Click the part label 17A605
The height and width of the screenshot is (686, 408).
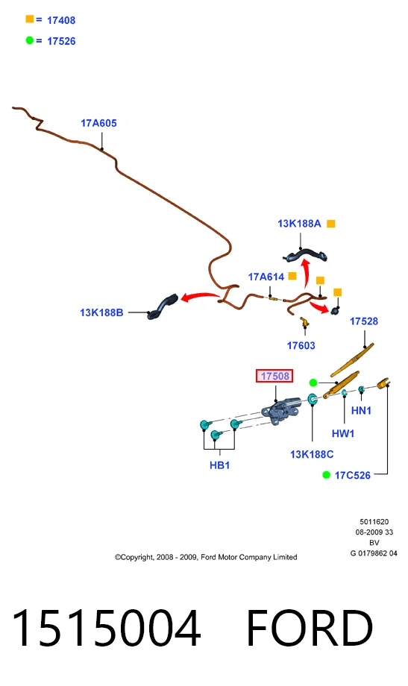98,123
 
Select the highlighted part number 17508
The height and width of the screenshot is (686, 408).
274,376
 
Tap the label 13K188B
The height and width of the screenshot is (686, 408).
101,313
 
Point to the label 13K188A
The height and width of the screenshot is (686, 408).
299,224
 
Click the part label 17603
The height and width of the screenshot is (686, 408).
301,346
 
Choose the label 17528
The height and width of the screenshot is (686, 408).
364,321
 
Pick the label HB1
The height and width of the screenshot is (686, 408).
220,465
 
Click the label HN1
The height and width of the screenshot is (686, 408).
361,410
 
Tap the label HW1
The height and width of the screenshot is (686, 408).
343,433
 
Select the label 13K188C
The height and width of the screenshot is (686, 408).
312,455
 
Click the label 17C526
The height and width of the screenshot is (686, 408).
352,476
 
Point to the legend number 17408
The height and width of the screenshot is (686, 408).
61,20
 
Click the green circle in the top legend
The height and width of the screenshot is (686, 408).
30,40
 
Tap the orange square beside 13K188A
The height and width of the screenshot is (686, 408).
331,224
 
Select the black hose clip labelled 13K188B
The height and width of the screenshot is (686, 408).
162,306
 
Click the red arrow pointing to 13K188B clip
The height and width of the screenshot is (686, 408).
199,296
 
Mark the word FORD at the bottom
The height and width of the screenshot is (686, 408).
310,629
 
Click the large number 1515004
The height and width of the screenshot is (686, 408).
107,629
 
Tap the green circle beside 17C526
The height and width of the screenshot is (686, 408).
326,475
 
